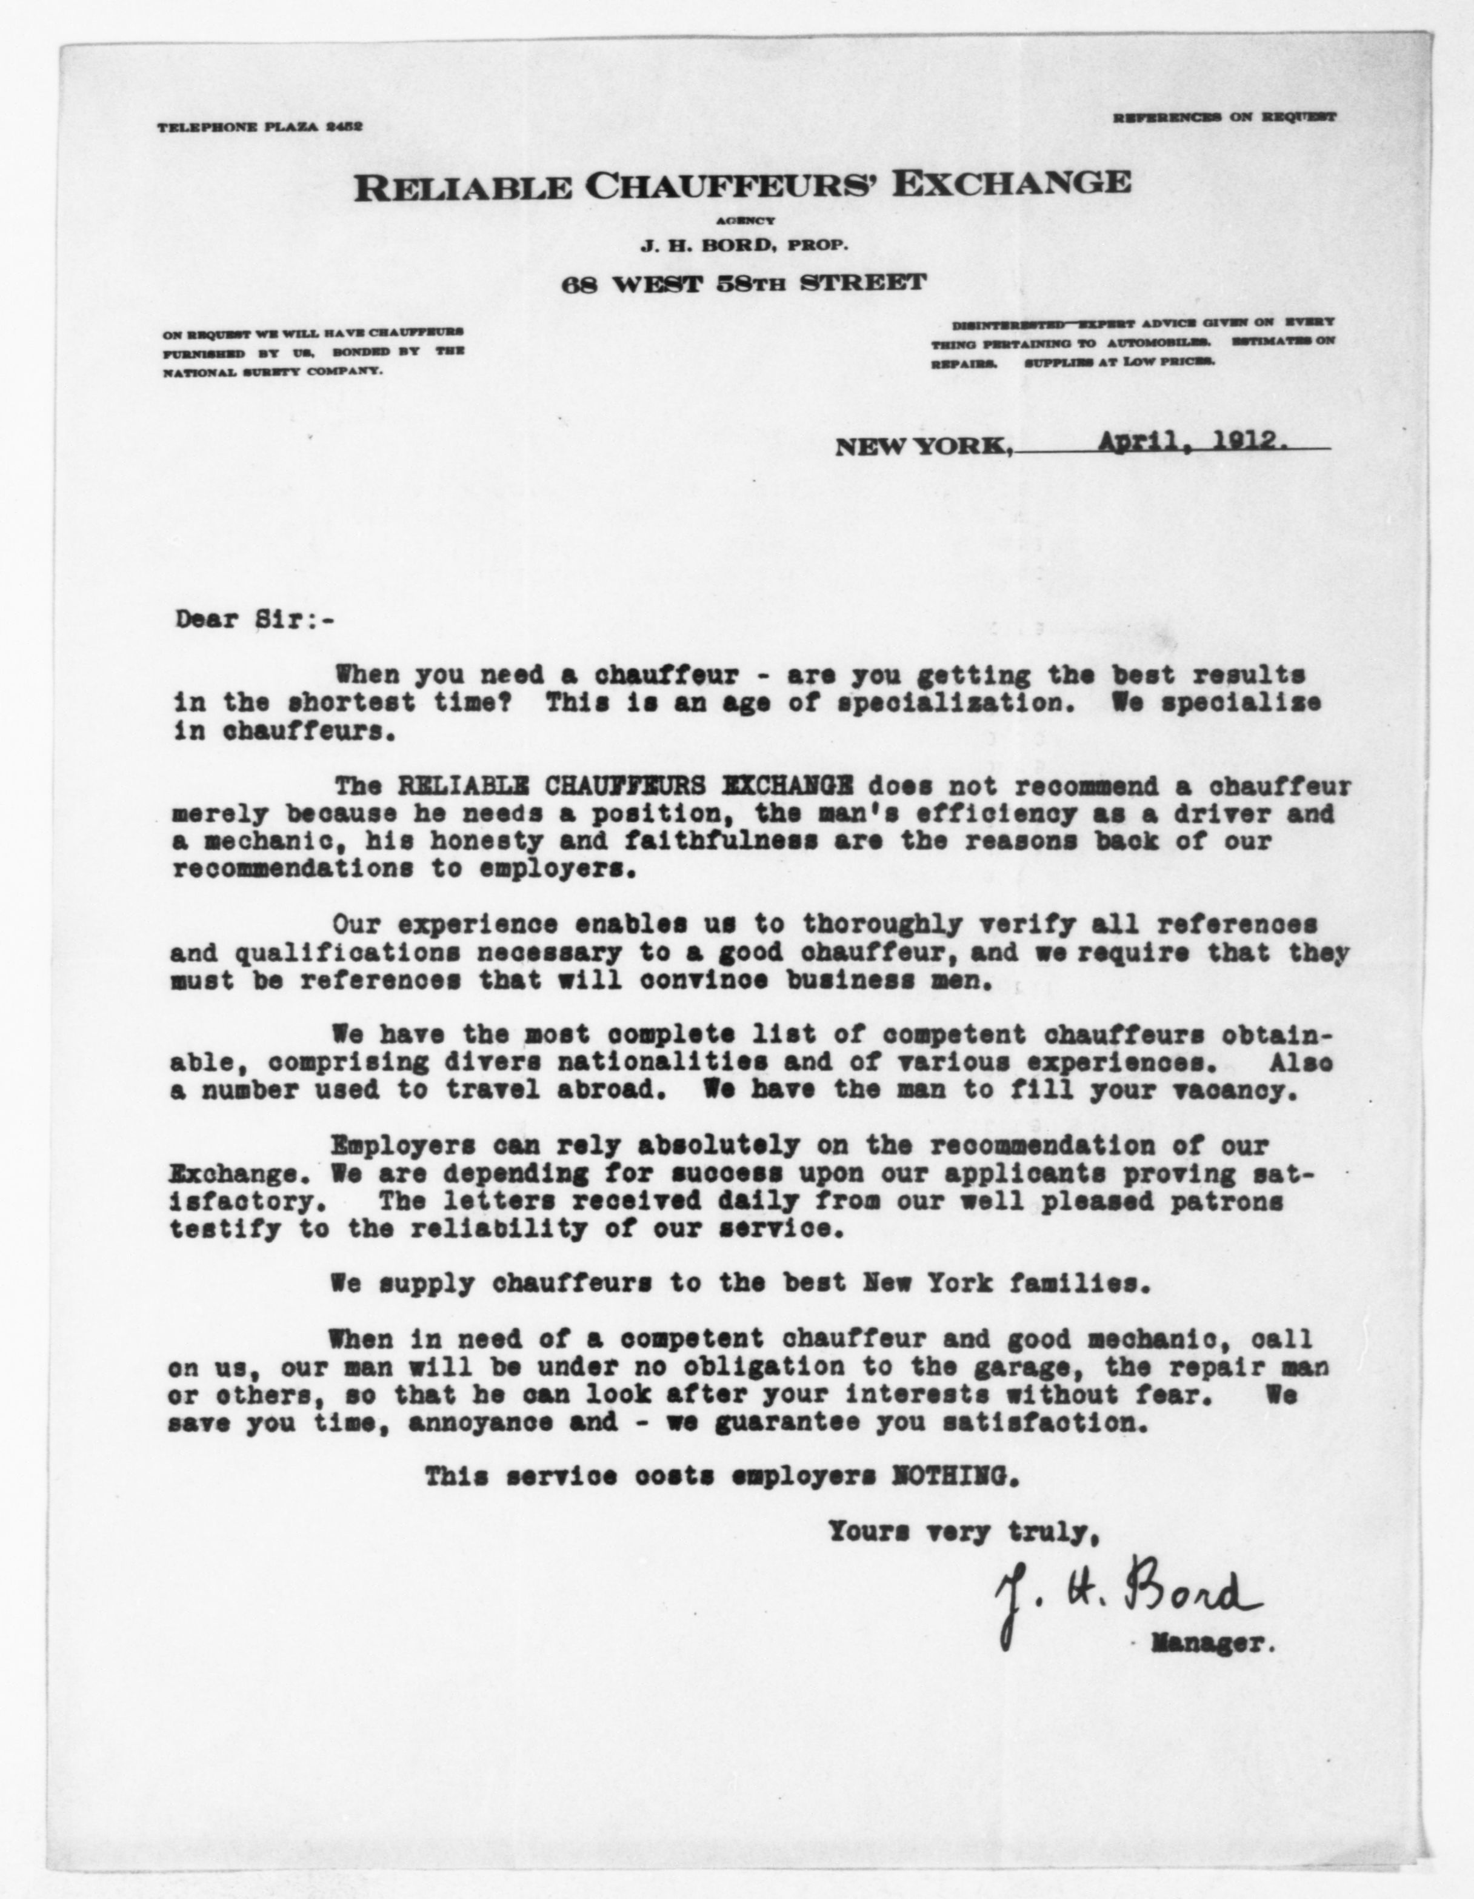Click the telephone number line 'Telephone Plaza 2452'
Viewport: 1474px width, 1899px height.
point(259,127)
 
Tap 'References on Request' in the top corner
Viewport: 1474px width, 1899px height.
point(1224,116)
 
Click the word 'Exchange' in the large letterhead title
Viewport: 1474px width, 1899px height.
point(1014,184)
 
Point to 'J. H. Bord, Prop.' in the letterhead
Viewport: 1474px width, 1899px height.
point(744,246)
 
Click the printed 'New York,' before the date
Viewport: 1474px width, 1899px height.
point(924,448)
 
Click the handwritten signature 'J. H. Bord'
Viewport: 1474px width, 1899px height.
point(1128,1597)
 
